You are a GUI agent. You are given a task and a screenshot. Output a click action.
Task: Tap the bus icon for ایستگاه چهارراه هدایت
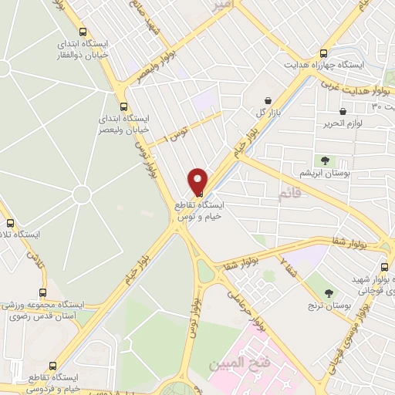pos(322,53)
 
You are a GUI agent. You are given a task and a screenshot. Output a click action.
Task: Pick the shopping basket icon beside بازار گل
pos(267,101)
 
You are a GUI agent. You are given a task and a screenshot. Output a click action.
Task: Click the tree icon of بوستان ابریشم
pos(325,161)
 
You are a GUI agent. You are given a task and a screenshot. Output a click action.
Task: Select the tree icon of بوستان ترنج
pos(329,293)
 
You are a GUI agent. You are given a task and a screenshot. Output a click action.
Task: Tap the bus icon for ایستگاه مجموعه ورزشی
pos(42,293)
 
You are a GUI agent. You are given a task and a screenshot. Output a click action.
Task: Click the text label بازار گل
pos(246,113)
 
